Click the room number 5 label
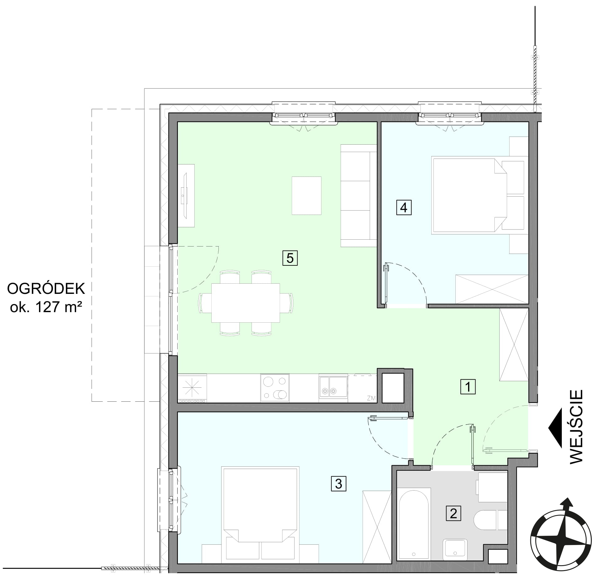click(290, 258)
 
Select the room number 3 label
click(338, 484)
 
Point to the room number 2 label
click(453, 513)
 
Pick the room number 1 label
click(468, 387)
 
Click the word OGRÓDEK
click(46, 289)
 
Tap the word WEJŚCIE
click(576, 427)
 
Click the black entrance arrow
click(556, 428)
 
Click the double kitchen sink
click(333, 387)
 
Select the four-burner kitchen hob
click(275, 388)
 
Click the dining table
click(246, 303)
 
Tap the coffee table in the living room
click(307, 195)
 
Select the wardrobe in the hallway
click(514, 345)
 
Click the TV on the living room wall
click(185, 196)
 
